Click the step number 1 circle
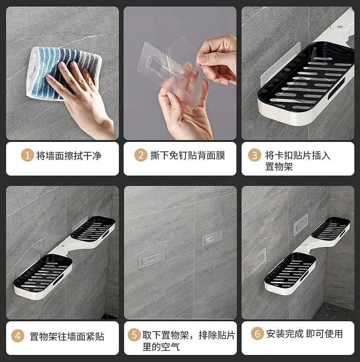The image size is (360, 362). (x=27, y=155)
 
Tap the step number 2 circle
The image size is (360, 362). (x=140, y=155)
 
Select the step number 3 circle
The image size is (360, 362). (x=254, y=155)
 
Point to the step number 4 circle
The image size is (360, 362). (x=18, y=336)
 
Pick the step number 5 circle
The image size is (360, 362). (x=134, y=335)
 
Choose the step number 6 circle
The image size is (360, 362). (x=257, y=333)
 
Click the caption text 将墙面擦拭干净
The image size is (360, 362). (x=69, y=155)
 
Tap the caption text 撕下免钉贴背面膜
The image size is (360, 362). (x=188, y=155)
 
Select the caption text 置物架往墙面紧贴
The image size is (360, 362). (x=67, y=336)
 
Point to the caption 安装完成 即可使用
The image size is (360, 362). (x=304, y=334)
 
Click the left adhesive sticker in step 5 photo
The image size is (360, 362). (x=151, y=258)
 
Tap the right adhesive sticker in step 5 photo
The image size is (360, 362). (x=212, y=238)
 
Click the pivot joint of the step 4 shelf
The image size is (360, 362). (x=63, y=247)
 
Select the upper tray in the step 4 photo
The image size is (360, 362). (x=93, y=229)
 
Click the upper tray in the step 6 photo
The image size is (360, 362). (x=331, y=228)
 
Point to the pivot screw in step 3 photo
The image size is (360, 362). (x=339, y=27)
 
